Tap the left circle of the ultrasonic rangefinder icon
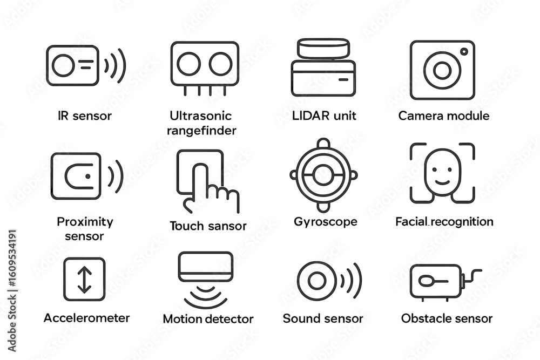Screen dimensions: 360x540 click(188, 64)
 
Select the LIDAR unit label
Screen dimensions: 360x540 click(323, 116)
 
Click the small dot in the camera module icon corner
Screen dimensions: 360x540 click(463, 51)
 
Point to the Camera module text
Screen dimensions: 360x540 click(443, 116)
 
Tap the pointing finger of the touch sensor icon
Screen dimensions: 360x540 click(201, 184)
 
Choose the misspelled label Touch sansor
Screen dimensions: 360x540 click(208, 226)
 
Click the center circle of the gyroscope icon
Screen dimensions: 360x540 click(323, 175)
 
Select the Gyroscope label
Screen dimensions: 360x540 click(325, 221)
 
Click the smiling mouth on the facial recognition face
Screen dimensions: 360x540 click(442, 182)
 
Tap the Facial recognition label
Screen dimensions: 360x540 click(444, 221)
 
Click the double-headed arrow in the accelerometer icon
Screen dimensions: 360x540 click(85, 280)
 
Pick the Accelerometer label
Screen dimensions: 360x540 click(86, 317)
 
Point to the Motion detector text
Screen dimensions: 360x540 click(208, 319)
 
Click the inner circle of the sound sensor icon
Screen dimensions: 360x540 click(316, 280)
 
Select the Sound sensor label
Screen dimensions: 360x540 click(323, 318)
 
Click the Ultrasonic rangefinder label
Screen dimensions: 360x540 click(201, 123)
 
